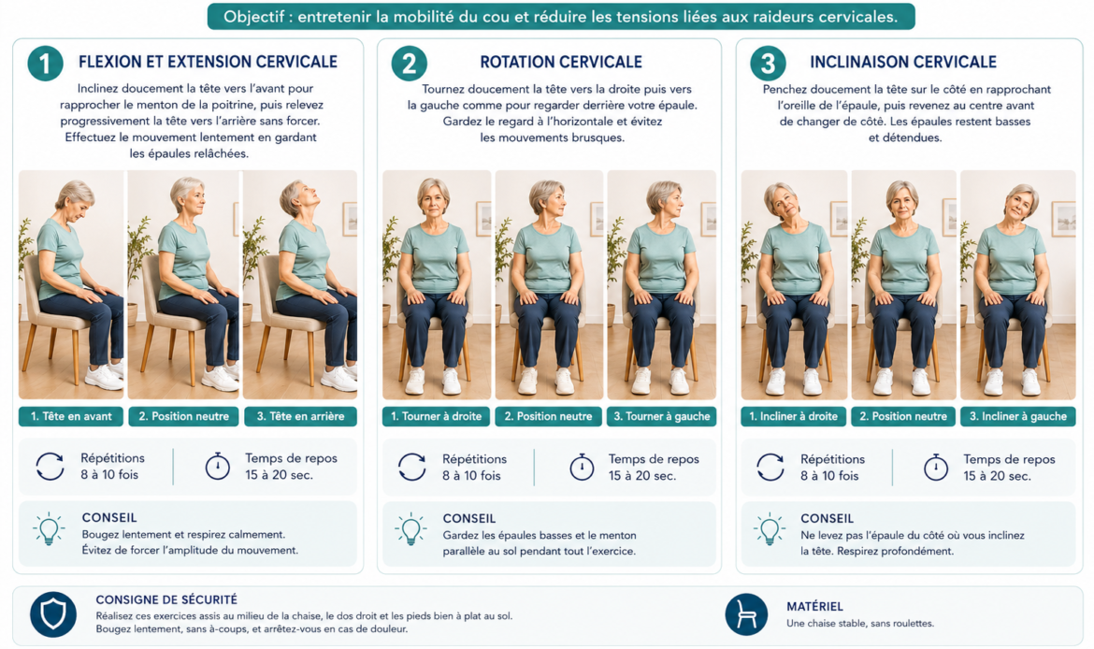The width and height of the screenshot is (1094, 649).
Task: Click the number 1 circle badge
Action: coord(46,64)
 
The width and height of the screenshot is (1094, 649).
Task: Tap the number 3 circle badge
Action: coord(768,64)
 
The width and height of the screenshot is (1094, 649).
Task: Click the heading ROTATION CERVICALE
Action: coord(561,62)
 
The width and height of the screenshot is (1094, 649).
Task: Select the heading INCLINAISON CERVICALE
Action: coord(903,62)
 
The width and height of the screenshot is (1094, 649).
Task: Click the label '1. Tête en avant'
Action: coord(70,417)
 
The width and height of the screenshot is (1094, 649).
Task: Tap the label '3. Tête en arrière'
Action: coord(300,417)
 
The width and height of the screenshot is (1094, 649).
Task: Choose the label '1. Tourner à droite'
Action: coord(436,417)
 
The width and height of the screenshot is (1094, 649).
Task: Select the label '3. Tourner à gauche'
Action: coord(661,417)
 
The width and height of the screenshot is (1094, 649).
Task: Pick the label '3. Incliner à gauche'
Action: coord(1018,417)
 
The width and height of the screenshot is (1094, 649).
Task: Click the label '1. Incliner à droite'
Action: coord(793,417)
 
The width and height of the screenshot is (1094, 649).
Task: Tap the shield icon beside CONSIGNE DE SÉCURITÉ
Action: coord(53,614)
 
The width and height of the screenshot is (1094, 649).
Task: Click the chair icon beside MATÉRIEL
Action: coord(746,614)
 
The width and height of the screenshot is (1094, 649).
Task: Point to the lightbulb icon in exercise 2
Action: coord(410,529)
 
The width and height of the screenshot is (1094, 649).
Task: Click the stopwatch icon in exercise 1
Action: coord(218,466)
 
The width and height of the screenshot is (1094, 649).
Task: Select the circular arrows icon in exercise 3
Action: coord(770,467)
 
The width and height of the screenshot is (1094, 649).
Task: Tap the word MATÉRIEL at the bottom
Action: coord(814,606)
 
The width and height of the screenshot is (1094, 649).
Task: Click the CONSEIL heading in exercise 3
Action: coord(827,518)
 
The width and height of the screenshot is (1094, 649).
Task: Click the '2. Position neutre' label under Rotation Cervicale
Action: coord(548,417)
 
